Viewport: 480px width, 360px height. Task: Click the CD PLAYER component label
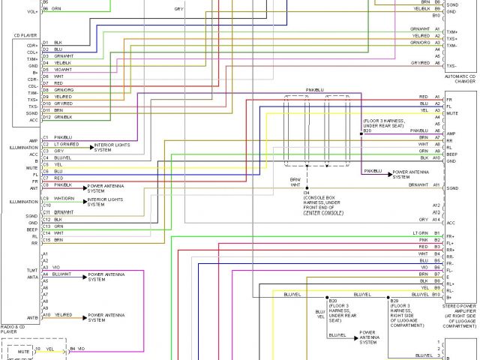point(25,35)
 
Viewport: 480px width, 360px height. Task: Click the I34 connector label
point(307,193)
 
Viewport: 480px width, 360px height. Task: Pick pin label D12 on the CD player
point(46,117)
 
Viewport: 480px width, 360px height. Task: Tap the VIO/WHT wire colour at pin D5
point(63,69)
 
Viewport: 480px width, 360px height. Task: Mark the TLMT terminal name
point(32,268)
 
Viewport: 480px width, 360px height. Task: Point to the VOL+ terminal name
point(32,11)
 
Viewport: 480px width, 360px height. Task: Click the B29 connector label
point(394,300)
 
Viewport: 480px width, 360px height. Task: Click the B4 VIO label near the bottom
point(78,349)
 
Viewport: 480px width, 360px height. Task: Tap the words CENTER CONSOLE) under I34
point(322,212)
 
